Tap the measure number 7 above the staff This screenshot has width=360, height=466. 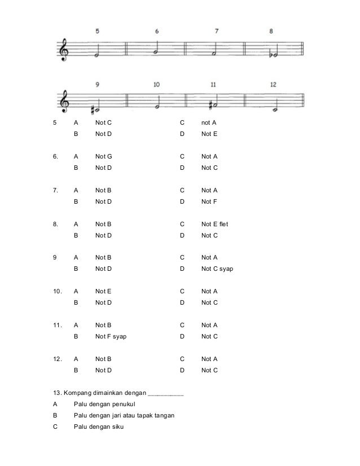(x=217, y=31)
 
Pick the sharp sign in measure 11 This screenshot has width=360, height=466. (x=209, y=105)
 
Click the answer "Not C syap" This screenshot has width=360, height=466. (x=217, y=269)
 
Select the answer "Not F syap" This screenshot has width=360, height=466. (x=111, y=337)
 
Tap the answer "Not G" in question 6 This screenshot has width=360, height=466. (x=103, y=156)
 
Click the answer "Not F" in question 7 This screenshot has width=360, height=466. (x=209, y=201)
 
